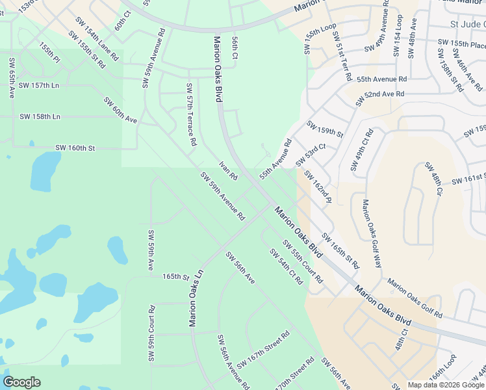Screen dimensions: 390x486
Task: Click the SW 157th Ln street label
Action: (x=38, y=86)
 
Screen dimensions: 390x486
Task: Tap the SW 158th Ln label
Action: (x=40, y=117)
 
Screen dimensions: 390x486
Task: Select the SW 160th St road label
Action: (x=75, y=148)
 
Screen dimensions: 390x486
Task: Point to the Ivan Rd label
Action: (x=228, y=171)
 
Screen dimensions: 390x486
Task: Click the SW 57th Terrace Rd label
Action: (x=191, y=114)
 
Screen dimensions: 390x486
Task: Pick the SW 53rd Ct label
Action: (x=310, y=155)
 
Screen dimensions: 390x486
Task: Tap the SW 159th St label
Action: (x=324, y=128)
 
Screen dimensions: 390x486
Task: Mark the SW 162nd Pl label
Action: (x=318, y=187)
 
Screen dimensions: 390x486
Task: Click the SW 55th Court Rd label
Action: (x=302, y=261)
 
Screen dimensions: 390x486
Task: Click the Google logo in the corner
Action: (x=21, y=382)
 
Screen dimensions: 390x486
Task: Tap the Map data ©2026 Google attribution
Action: (x=446, y=385)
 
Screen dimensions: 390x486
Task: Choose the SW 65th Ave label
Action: (x=12, y=78)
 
